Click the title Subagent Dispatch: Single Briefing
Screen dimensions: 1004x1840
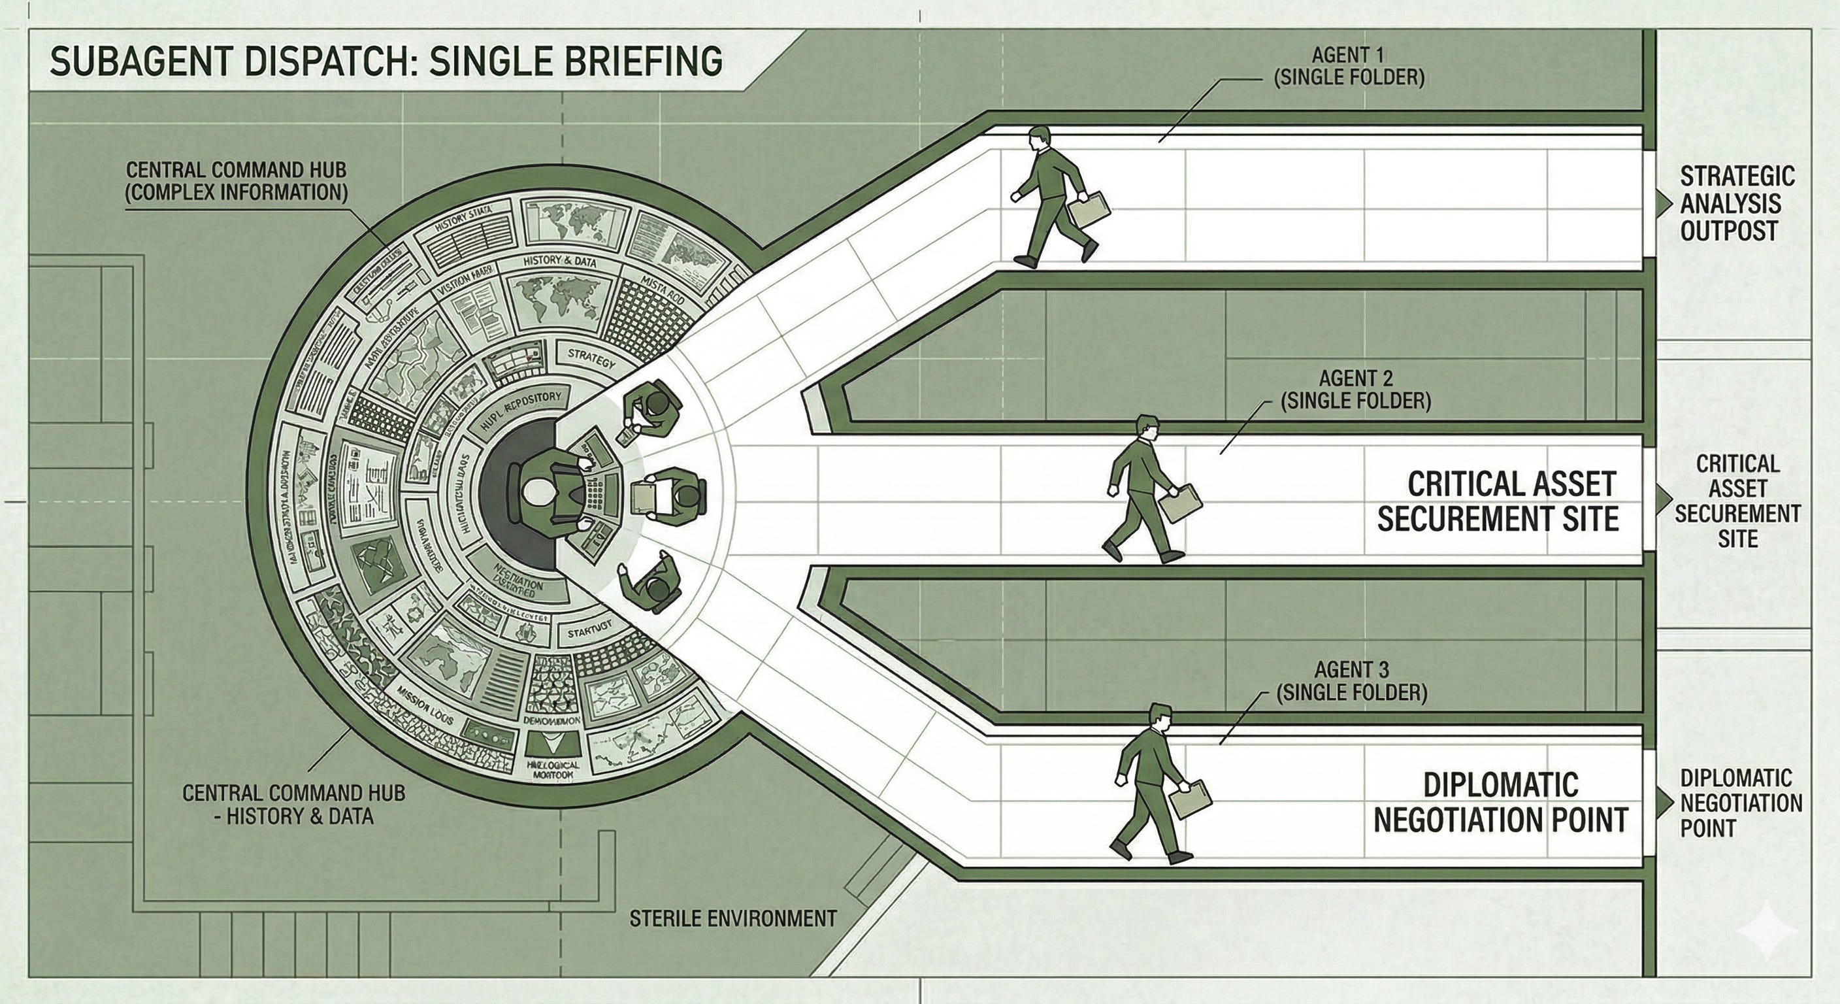(x=386, y=61)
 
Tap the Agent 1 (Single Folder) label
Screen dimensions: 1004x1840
(x=1349, y=67)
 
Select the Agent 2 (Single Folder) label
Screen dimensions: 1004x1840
(x=1355, y=390)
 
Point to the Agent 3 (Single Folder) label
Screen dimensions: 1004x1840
(x=1351, y=681)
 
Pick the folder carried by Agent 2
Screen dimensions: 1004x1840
(x=1179, y=503)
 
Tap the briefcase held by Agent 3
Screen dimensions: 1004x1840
(x=1190, y=798)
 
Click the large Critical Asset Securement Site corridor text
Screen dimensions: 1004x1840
(x=1497, y=501)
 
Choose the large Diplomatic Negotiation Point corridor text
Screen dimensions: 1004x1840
(x=1500, y=803)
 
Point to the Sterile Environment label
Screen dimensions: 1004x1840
(x=733, y=918)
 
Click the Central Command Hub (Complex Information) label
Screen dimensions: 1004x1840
(x=236, y=181)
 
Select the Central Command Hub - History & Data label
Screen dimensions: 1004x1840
(x=293, y=804)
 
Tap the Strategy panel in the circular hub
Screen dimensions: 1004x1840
(x=591, y=358)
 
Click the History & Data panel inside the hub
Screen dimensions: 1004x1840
(x=559, y=261)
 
